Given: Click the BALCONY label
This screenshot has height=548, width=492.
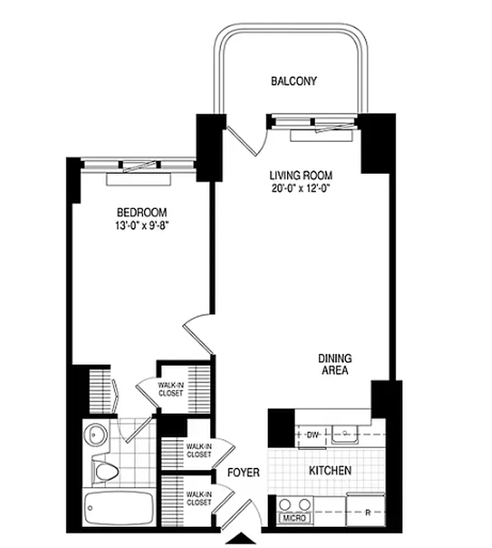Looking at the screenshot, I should click(x=294, y=82).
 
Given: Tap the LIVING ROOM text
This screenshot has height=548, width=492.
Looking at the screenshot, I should click(x=301, y=175).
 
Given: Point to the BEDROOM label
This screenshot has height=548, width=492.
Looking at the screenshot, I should click(x=141, y=212).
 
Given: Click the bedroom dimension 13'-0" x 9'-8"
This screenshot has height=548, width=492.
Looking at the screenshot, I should click(x=141, y=225).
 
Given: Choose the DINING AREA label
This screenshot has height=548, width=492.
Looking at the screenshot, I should click(x=334, y=364).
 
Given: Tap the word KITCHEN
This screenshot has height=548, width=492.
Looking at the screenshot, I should click(x=330, y=471).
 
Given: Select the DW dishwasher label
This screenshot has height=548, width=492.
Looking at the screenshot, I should click(x=313, y=434).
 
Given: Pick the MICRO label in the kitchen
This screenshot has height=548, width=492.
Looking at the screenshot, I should click(x=296, y=519).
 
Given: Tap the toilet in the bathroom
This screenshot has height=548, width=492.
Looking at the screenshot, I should click(x=103, y=470).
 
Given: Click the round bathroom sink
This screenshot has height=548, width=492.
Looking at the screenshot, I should click(x=96, y=435).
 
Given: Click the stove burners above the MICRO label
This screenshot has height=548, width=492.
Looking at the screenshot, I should click(x=295, y=505).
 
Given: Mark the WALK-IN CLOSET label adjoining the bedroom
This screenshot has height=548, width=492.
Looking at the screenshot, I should click(x=170, y=389).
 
